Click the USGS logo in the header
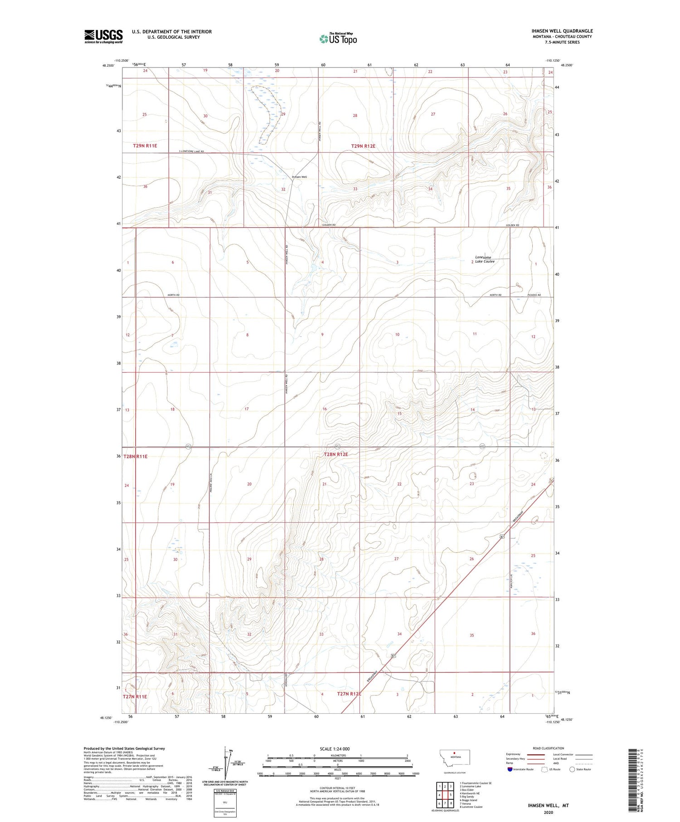(x=103, y=36)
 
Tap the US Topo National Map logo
(x=338, y=39)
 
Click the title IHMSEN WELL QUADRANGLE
(x=562, y=31)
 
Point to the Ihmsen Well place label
(x=299, y=177)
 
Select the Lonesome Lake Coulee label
(x=483, y=259)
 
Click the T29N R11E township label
(x=145, y=146)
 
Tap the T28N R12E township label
(x=342, y=454)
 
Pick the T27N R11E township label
(x=135, y=696)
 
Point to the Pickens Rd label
(x=534, y=295)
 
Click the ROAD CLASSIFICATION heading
(x=549, y=748)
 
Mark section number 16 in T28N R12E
(x=325, y=409)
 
